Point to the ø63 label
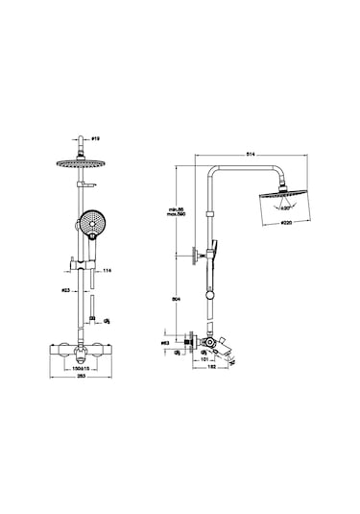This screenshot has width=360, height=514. pos(165,341)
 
